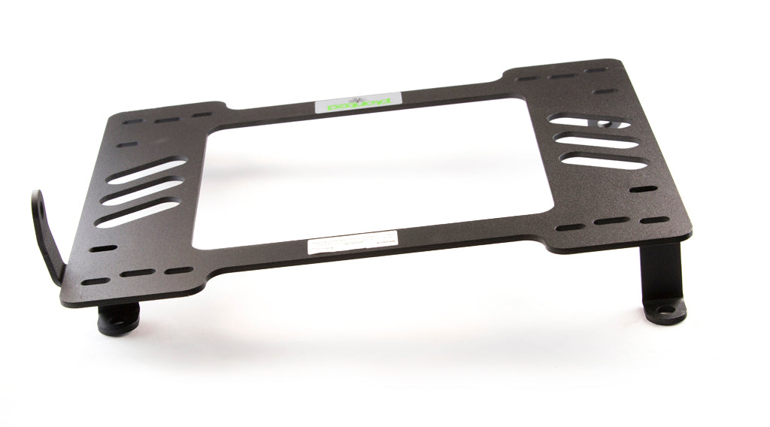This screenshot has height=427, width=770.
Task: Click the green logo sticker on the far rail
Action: coord(357,103)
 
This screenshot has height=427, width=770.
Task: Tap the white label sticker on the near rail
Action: coord(351,245)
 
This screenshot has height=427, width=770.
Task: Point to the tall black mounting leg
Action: coord(662,278)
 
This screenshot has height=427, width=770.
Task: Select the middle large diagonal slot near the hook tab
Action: coord(143,192)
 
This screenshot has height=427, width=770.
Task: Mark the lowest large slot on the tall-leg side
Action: coord(605,160)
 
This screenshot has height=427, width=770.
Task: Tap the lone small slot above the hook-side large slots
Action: coord(129,144)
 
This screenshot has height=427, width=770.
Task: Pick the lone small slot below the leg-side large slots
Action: coord(643,189)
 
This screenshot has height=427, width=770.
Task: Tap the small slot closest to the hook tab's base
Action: coord(95,282)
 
